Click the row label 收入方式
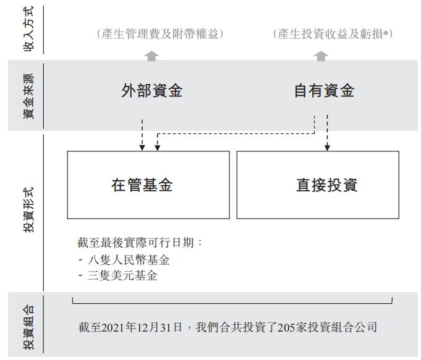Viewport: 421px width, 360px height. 28,29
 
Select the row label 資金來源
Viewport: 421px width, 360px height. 28,96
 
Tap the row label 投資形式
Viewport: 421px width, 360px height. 28,210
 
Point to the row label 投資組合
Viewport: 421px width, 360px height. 28,327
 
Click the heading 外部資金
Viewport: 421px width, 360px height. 152,90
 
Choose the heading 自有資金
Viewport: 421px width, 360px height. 325,90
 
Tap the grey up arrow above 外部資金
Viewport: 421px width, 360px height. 151,56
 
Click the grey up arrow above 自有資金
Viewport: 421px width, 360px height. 321,56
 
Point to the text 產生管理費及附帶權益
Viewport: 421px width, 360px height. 160,34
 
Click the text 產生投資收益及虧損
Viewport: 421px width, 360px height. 330,34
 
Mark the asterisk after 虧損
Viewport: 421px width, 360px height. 386,33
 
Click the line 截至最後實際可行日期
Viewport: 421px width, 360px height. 135,243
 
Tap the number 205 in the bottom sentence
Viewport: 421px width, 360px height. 286,327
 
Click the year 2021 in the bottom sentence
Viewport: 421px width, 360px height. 114,327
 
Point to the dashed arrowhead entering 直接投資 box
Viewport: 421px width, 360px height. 327,148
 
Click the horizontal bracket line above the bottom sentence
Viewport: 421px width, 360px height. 232,303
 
